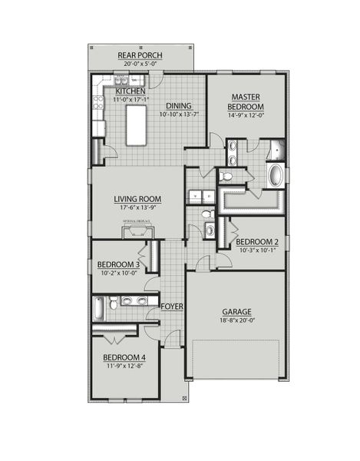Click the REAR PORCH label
pyautogui.click(x=139, y=55)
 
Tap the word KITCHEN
pyautogui.click(x=130, y=91)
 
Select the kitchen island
pyautogui.click(x=137, y=125)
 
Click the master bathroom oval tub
pyautogui.click(x=275, y=174)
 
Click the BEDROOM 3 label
pyautogui.click(x=119, y=265)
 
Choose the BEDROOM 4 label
pyautogui.click(x=124, y=358)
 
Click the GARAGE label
pyautogui.click(x=237, y=313)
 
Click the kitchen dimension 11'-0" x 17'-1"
pyautogui.click(x=130, y=100)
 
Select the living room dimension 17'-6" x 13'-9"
pyautogui.click(x=137, y=207)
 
